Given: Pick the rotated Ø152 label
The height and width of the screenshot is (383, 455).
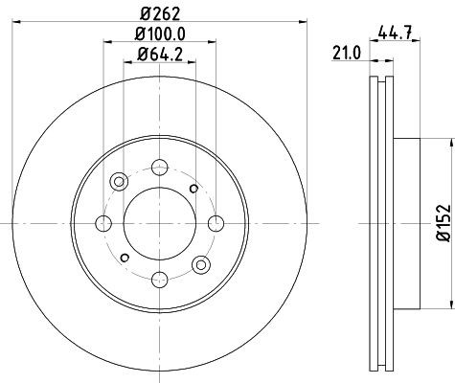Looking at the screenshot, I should coord(442,222).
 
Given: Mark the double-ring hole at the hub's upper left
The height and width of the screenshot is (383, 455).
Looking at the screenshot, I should coord(118,180).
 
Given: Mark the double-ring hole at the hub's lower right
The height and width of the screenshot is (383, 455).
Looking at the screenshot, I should coord(200,263).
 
